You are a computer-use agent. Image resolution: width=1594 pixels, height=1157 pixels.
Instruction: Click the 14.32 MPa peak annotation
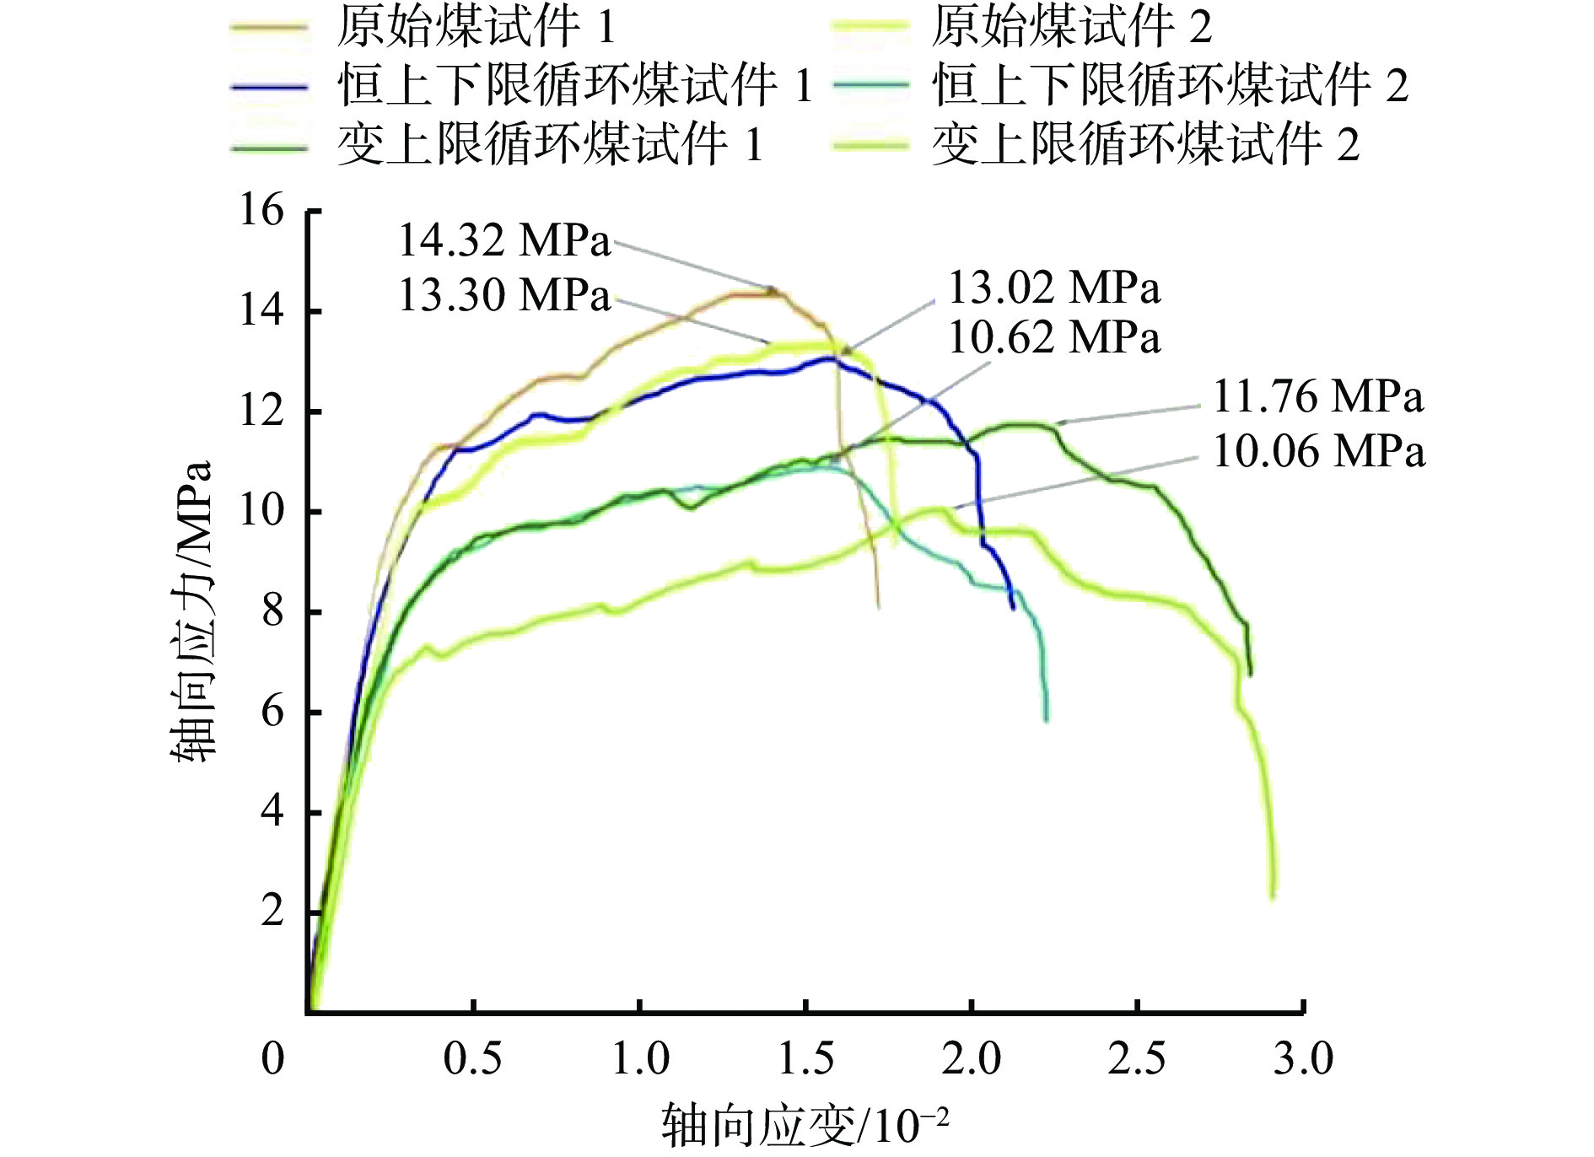tap(504, 241)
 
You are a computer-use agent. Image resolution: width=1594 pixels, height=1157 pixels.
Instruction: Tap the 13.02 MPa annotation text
tap(1054, 288)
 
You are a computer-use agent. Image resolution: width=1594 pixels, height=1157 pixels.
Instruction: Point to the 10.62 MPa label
tap(1054, 338)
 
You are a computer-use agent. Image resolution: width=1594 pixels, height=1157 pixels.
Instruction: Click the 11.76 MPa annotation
tap(1318, 397)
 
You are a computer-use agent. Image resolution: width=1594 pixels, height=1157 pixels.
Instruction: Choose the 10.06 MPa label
tap(1318, 452)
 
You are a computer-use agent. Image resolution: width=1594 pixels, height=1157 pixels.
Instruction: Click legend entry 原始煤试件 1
tap(477, 28)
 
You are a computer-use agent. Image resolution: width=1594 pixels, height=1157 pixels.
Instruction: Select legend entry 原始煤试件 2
tap(1071, 28)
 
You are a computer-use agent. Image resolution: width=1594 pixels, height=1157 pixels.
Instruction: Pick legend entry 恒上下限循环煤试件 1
tap(574, 86)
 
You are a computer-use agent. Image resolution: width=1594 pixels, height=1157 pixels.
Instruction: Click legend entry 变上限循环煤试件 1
tap(550, 144)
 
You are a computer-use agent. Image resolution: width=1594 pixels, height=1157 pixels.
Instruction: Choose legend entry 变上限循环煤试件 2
tap(1145, 144)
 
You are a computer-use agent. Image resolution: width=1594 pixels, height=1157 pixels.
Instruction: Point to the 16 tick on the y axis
tap(261, 210)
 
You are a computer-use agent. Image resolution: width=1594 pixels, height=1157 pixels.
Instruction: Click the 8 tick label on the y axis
tap(272, 611)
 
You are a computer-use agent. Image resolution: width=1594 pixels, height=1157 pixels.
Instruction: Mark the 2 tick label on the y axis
tap(272, 912)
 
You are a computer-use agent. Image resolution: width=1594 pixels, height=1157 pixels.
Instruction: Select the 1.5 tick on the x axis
tap(805, 1059)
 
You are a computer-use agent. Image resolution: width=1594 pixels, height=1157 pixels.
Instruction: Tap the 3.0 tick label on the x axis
tap(1303, 1059)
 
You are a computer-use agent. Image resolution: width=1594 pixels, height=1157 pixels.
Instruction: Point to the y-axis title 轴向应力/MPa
tap(192, 611)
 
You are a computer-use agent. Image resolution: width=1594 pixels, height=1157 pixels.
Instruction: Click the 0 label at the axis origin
tap(272, 1059)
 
